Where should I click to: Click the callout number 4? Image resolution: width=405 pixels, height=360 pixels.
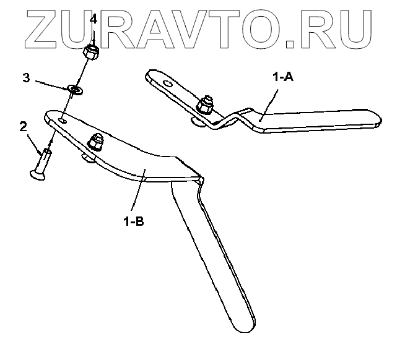[94, 19]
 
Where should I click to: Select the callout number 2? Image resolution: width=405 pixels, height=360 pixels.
[23, 127]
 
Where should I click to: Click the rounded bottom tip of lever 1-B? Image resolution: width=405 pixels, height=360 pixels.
[243, 325]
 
